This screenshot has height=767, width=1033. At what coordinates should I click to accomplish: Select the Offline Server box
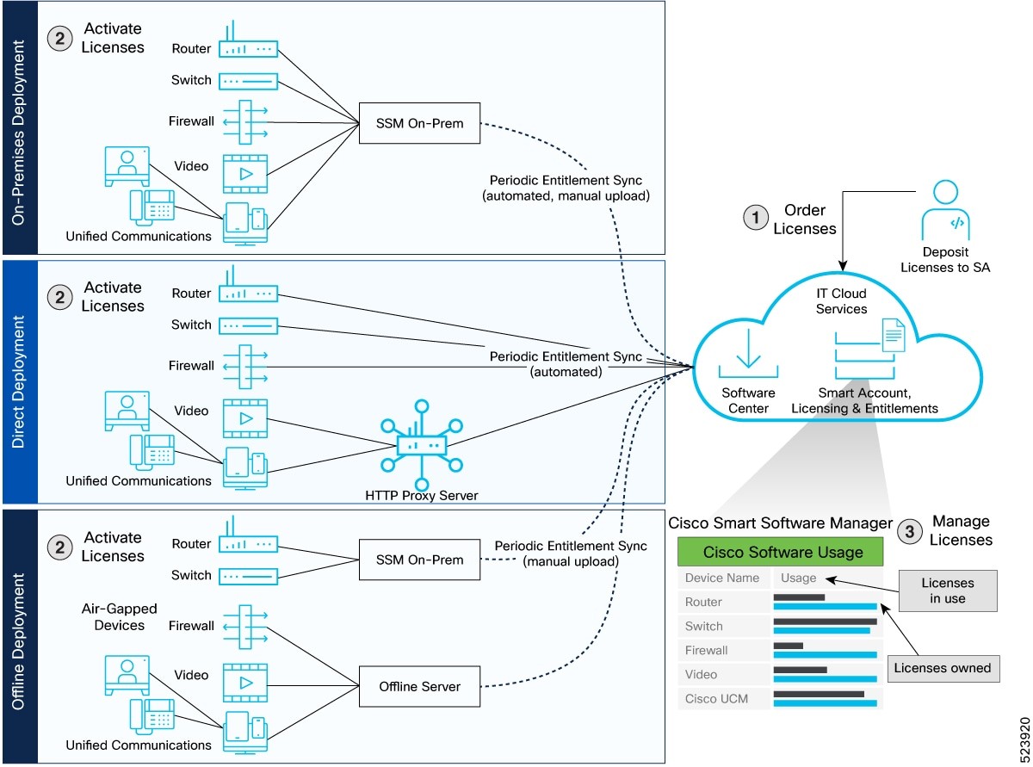pos(418,686)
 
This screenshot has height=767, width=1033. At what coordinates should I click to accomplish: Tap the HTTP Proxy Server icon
pos(421,444)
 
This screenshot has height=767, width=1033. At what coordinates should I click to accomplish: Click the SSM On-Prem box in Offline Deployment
pos(418,560)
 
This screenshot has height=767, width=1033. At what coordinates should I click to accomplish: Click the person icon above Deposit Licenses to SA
pos(944,211)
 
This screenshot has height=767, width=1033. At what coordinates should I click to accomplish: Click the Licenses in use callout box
pos(948,591)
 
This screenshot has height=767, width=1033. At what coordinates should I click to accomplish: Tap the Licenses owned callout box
pos(942,667)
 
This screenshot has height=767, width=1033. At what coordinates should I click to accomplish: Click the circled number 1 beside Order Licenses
pos(755,219)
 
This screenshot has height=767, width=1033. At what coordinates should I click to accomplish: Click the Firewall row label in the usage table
pos(707,651)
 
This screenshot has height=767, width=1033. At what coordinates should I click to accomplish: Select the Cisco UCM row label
pos(716,699)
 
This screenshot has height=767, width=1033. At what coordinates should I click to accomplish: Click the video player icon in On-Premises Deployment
pos(245,173)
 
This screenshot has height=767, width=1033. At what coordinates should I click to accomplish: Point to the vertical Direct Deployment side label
pos(19,382)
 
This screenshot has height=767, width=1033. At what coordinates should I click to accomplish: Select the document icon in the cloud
pos(893,334)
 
